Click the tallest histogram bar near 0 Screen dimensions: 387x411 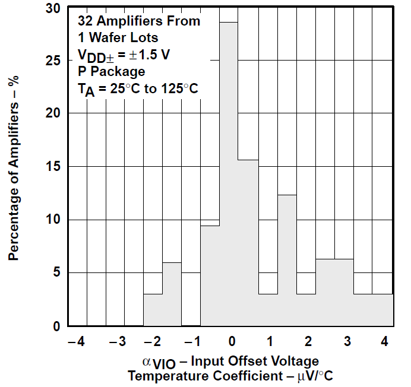(x=229, y=172)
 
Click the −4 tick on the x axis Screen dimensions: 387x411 (x=77, y=341)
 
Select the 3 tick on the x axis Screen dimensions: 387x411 (x=346, y=341)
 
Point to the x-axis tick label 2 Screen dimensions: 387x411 (x=308, y=341)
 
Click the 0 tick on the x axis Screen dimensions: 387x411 (x=232, y=341)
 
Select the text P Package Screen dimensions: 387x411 (x=111, y=72)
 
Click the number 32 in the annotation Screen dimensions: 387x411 (x=84, y=21)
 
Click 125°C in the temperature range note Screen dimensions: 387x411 (x=177, y=89)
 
